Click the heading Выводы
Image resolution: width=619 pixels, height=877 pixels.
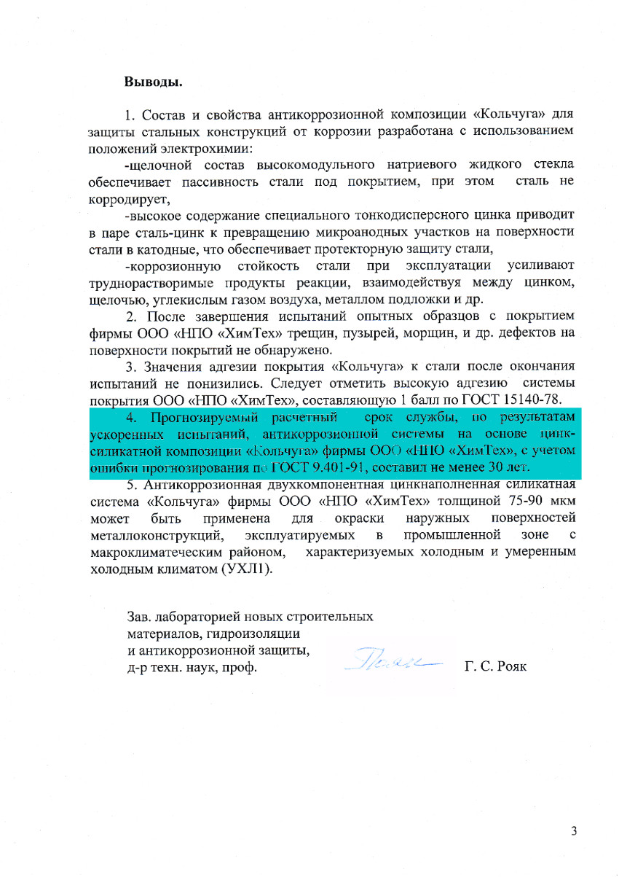(153, 81)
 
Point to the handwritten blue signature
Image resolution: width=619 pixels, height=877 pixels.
(394, 660)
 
